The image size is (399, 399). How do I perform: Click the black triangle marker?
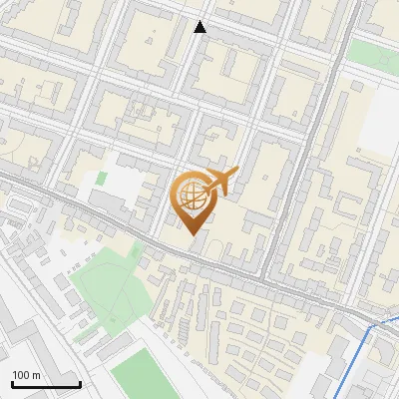(x=200, y=27)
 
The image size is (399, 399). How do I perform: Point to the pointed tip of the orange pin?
(x=193, y=234)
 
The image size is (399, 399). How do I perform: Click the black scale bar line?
(x=45, y=384)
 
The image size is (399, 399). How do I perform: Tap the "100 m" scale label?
(x=26, y=375)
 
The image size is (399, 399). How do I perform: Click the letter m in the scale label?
(x=36, y=375)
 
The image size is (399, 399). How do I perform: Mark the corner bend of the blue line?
(x=375, y=325)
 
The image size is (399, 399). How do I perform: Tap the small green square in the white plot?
(x=102, y=179)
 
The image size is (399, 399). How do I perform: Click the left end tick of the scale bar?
(x=11, y=382)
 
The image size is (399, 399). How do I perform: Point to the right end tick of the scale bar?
(x=80, y=382)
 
